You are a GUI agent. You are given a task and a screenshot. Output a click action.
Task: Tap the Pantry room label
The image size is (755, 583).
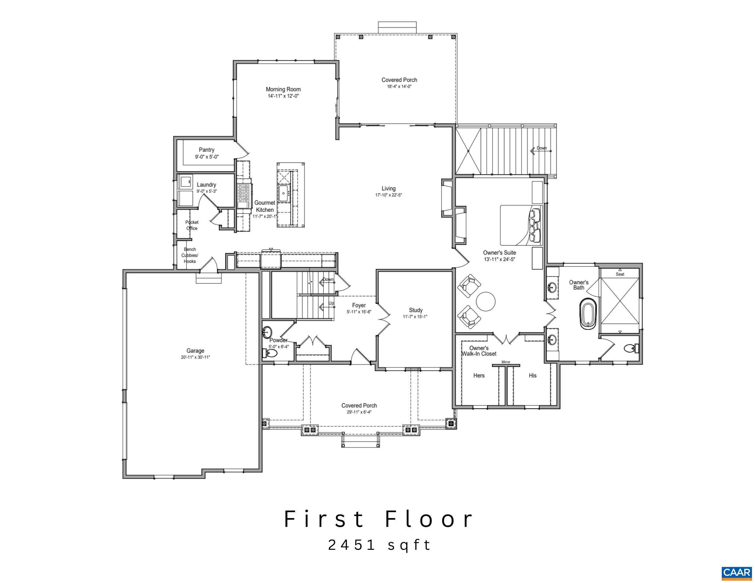(x=206, y=150)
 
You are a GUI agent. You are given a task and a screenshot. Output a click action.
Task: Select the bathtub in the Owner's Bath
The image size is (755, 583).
(x=588, y=315)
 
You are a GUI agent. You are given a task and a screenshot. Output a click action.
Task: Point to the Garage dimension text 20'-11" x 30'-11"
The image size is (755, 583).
(x=195, y=357)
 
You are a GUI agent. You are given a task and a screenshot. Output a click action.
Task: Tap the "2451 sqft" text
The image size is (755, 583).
(x=379, y=545)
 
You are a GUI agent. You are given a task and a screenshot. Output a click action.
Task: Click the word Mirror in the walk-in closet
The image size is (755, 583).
(x=506, y=362)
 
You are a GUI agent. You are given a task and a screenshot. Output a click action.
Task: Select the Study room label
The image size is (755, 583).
(x=416, y=310)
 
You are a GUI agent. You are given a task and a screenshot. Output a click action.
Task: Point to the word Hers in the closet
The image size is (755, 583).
(x=479, y=375)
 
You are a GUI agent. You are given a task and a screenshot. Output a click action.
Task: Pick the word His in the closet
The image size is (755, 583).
(x=532, y=375)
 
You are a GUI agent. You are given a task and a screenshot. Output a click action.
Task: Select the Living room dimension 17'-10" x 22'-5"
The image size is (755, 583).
(x=389, y=195)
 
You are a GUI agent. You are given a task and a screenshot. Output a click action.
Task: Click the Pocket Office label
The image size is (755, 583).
(x=192, y=225)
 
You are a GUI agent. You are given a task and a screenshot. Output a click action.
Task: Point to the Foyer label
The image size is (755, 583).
(x=359, y=305)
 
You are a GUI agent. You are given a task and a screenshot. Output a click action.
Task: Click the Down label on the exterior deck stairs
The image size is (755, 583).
(x=541, y=148)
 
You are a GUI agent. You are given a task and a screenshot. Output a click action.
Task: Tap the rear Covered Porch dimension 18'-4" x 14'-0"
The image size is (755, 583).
(x=399, y=87)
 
